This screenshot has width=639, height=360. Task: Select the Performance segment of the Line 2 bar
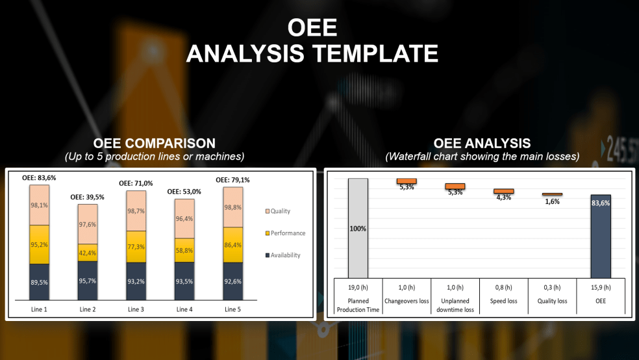88,253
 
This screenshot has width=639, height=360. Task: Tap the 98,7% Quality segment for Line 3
136,212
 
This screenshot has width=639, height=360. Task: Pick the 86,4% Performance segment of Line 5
233,245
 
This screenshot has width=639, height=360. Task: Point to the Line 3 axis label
136,309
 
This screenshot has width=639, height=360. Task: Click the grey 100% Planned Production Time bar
358,228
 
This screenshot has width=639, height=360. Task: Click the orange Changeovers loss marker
407,181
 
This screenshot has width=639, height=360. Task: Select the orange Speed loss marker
503,191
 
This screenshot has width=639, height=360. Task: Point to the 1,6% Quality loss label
552,201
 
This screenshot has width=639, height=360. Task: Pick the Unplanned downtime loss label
455,305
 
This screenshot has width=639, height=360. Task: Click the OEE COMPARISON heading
154,143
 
